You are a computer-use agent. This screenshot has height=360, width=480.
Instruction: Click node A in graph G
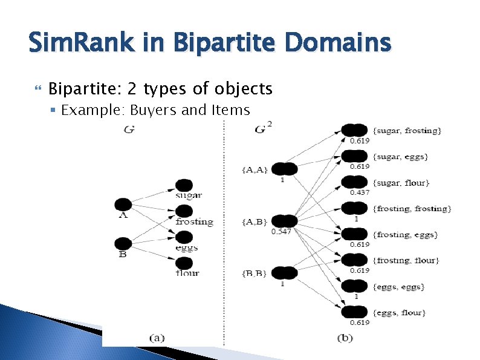coord(123,205)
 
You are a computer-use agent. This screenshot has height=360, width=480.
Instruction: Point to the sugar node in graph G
coord(184,185)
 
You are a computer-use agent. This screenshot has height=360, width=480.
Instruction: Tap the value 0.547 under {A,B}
coord(282,232)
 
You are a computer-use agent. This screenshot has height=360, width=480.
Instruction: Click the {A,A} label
coord(255,170)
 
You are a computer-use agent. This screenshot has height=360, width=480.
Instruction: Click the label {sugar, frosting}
coord(407,131)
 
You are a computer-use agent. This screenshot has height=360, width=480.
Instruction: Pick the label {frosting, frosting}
coord(412,209)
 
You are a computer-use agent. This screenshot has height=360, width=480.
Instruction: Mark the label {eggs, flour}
coord(400,313)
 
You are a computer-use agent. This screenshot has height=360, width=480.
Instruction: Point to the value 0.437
coord(360,192)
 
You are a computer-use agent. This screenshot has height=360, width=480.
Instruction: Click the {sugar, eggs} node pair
coord(354,156)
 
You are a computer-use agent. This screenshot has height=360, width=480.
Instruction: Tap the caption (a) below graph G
coord(156,338)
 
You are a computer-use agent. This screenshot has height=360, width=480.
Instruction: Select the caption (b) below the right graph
coord(345,338)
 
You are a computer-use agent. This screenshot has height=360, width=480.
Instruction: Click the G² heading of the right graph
coord(264,128)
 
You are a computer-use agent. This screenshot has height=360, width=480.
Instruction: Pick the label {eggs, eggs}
coord(399,287)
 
